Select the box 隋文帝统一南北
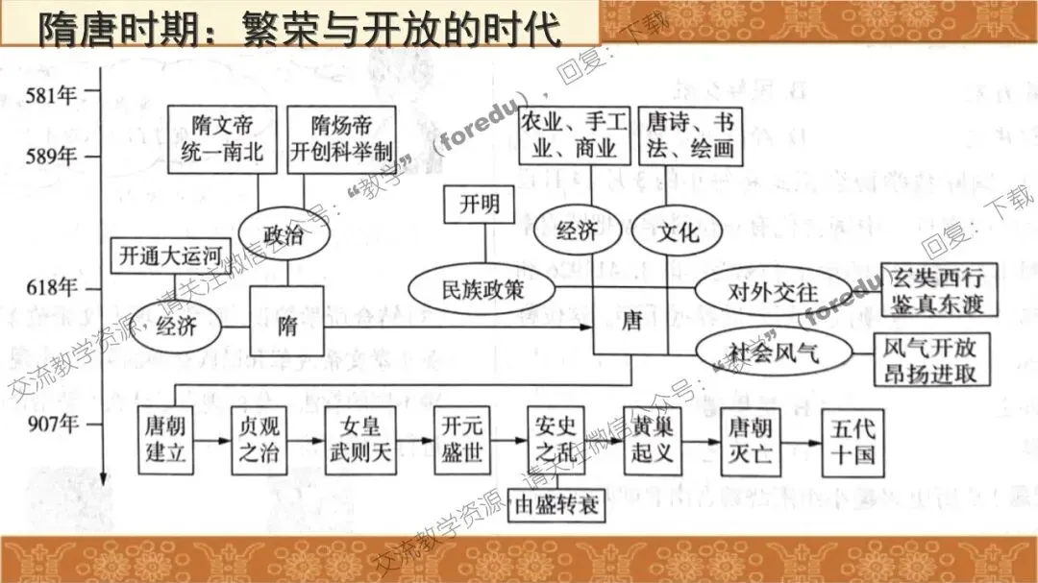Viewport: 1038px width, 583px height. (222, 139)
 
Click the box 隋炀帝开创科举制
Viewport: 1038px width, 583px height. (341, 139)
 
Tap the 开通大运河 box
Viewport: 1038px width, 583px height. (163, 256)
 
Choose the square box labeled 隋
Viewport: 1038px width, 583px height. (286, 325)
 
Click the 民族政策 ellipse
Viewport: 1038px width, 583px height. (482, 287)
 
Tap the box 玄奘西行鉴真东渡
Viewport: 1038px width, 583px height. (939, 288)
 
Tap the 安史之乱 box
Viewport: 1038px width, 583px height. (556, 440)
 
